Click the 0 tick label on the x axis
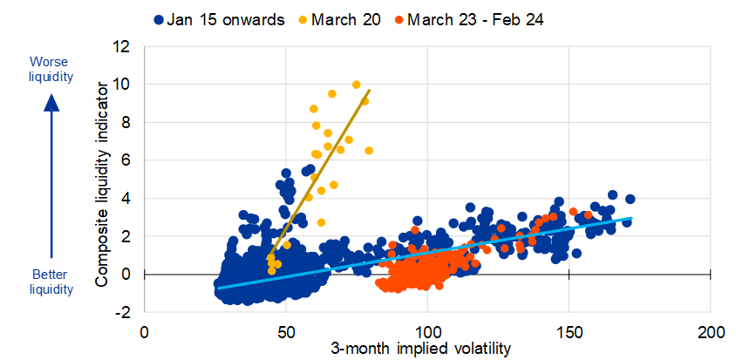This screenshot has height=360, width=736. click(x=145, y=333)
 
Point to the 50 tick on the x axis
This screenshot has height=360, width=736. click(x=286, y=333)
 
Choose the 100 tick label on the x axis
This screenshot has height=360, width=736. click(x=427, y=333)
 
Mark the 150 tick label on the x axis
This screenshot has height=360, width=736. click(x=569, y=333)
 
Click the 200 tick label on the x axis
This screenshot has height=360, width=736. click(x=711, y=333)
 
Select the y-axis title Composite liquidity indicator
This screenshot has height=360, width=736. click(x=101, y=184)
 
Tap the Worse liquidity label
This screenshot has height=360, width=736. click(x=50, y=69)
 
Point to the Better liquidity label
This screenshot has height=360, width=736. click(x=50, y=281)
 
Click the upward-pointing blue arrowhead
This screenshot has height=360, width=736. click(x=51, y=100)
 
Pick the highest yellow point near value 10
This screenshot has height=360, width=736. click(x=356, y=85)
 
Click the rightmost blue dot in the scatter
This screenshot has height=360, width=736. click(x=630, y=199)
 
